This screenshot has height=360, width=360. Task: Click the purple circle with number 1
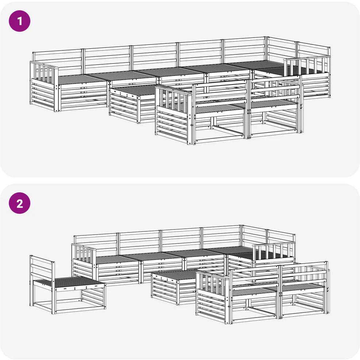tap(19, 21)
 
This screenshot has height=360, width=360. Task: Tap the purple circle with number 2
tap(19, 203)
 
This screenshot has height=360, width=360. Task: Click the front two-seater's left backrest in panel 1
tap(221, 90)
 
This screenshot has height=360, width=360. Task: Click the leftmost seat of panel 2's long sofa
tap(117, 259)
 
